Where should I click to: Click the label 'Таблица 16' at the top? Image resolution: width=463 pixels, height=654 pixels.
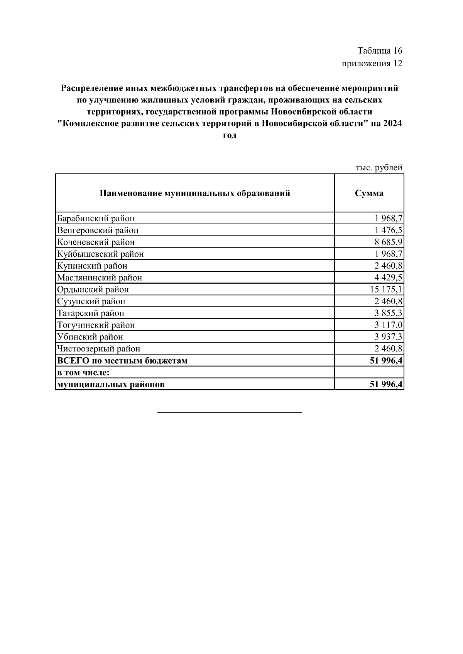380,51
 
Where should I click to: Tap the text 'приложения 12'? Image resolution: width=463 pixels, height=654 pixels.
372,63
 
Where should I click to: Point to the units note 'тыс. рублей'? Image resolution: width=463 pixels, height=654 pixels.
379,168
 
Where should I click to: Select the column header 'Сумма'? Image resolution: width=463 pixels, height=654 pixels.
369,193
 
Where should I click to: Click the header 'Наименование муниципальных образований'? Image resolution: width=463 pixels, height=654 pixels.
195,193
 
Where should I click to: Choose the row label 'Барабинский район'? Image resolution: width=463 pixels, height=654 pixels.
96,219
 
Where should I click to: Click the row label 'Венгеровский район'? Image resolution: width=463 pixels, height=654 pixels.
98,230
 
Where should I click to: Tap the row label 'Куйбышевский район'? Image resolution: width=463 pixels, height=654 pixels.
100,254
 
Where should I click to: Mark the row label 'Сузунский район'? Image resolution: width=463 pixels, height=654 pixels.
91,301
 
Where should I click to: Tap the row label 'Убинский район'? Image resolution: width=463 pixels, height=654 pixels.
90,337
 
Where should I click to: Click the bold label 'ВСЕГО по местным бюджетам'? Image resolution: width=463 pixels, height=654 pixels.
122,361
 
